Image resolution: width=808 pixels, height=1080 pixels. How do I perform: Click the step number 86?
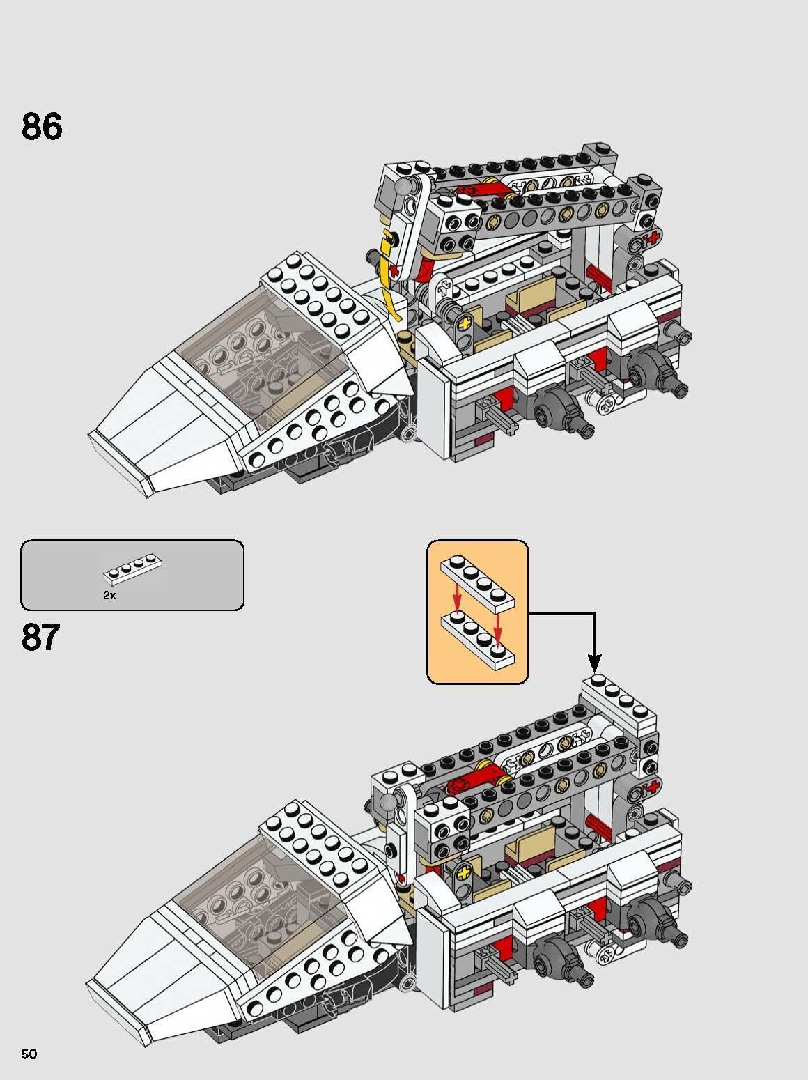tap(42, 127)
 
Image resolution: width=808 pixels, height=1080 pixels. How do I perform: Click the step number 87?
tap(40, 637)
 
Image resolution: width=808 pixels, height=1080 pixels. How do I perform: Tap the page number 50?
tap(29, 1054)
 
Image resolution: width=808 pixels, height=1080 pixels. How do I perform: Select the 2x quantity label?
tap(109, 596)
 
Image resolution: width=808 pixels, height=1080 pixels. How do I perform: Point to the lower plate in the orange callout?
tap(477, 635)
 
